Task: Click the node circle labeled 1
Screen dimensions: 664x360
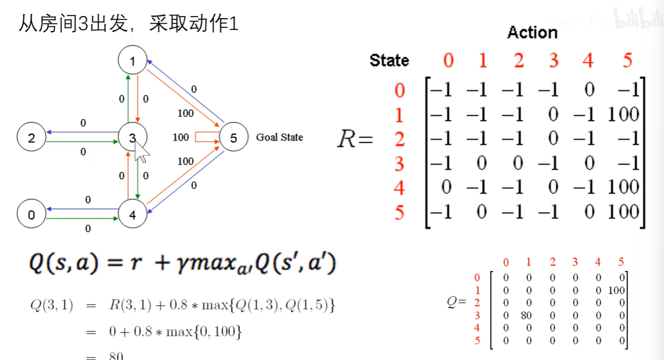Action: (x=133, y=61)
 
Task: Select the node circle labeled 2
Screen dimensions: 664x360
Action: (x=31, y=138)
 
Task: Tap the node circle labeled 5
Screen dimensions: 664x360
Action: (x=233, y=138)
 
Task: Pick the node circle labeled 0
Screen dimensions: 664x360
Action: (x=31, y=215)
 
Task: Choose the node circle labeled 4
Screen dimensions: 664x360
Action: (x=132, y=215)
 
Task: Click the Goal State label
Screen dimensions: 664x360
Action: (x=279, y=137)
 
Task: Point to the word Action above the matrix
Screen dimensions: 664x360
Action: (x=532, y=33)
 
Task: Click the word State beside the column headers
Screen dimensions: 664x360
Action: (x=389, y=61)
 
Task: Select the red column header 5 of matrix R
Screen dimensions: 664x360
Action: (x=627, y=61)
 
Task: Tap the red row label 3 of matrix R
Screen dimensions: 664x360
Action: (x=399, y=163)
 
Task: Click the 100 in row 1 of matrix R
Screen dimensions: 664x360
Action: (x=623, y=114)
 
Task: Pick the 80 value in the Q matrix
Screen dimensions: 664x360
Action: (x=526, y=315)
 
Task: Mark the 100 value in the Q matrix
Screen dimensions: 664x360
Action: (x=617, y=290)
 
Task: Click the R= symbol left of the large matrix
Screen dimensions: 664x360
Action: (x=355, y=139)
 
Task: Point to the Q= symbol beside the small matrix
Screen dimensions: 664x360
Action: (x=456, y=303)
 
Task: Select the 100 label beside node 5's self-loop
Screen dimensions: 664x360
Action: (x=181, y=137)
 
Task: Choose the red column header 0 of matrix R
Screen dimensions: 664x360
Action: (x=448, y=61)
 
